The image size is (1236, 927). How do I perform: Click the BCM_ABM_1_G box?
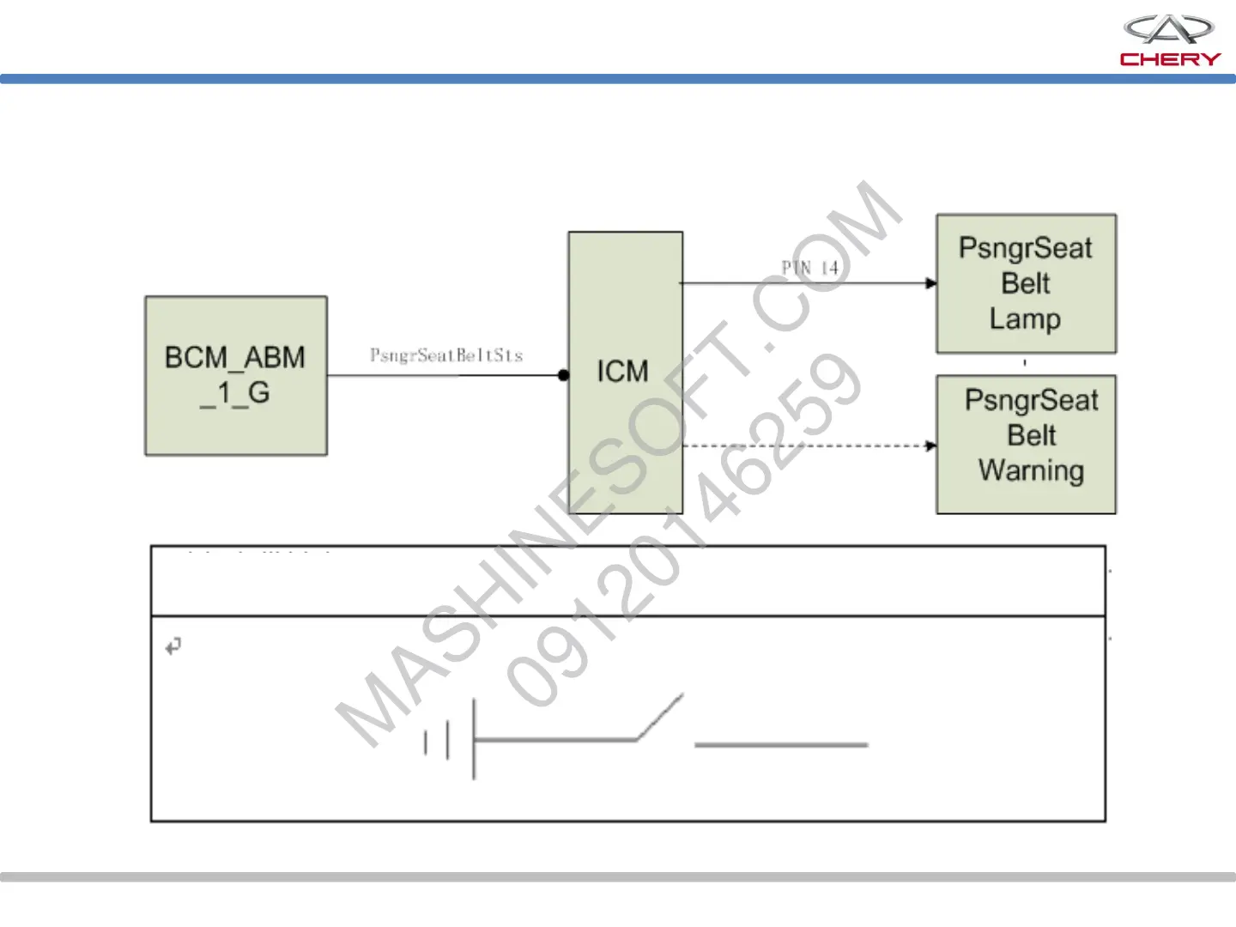(236, 375)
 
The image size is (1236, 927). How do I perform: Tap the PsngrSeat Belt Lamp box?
(1026, 283)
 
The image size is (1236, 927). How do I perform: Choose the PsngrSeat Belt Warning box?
(1026, 444)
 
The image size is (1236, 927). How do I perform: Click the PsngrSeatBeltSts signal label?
(446, 355)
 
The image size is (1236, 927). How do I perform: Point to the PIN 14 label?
(809, 268)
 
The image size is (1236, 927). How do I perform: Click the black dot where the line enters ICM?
(563, 375)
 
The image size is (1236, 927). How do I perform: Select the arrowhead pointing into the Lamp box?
(931, 283)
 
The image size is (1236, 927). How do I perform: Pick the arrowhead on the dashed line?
(931, 445)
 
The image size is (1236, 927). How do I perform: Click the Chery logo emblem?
(1168, 29)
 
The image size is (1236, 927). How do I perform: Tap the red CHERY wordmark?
(1170, 59)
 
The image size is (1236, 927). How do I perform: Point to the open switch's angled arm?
(659, 717)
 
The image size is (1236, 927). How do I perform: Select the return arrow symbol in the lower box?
(173, 645)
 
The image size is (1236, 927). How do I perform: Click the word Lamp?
(1025, 319)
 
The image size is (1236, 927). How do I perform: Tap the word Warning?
(1031, 470)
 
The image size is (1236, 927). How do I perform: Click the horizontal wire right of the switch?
(781, 745)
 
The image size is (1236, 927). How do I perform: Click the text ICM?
(622, 372)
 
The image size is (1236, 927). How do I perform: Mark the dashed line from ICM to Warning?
(807, 445)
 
